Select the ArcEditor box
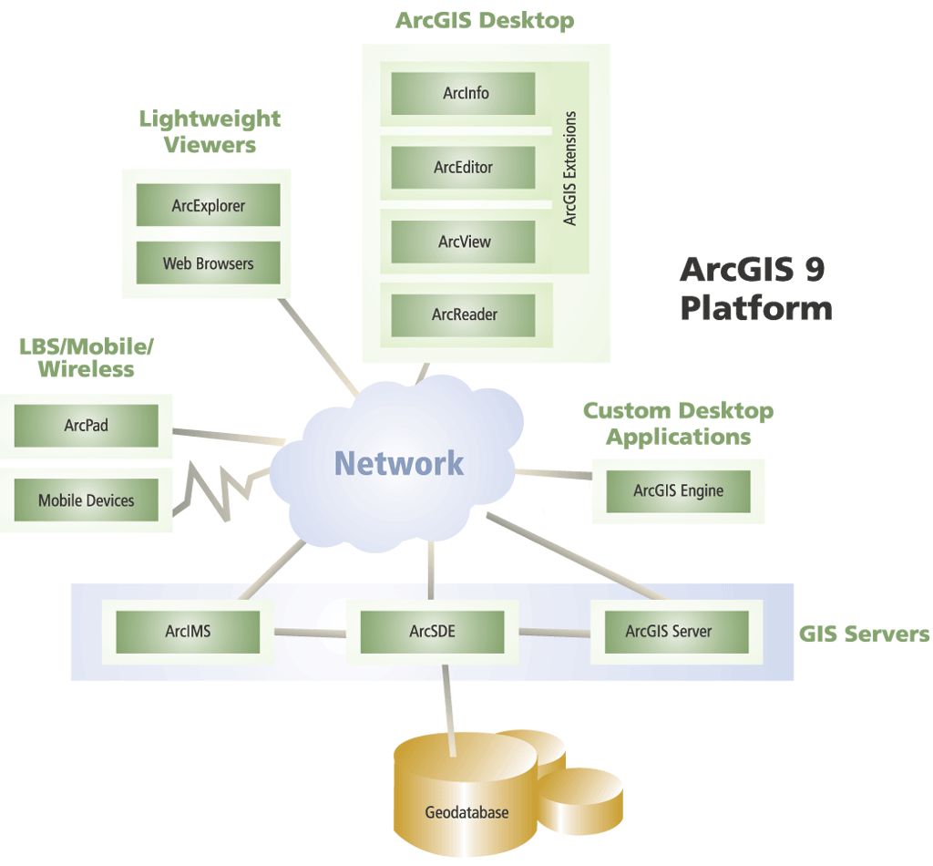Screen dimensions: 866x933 coord(463,168)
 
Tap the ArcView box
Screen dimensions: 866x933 coord(463,242)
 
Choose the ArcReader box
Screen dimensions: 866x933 coord(463,315)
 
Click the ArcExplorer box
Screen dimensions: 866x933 coord(208,206)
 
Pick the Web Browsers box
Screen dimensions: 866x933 coord(208,263)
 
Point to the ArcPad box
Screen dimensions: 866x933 coord(87,425)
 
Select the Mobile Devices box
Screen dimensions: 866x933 coord(87,500)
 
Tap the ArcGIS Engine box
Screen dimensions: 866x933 coord(678,490)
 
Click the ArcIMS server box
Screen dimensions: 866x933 coord(189,631)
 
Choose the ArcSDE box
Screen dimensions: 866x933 coord(432,631)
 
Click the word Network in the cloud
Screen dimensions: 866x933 coord(399,463)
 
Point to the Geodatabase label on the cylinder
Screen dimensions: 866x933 coord(466,812)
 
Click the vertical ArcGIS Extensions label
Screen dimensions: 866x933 coord(570,168)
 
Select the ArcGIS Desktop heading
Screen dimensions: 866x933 coord(485,21)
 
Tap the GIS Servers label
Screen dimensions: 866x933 coord(864,634)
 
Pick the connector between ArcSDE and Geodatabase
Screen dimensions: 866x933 coord(446,702)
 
